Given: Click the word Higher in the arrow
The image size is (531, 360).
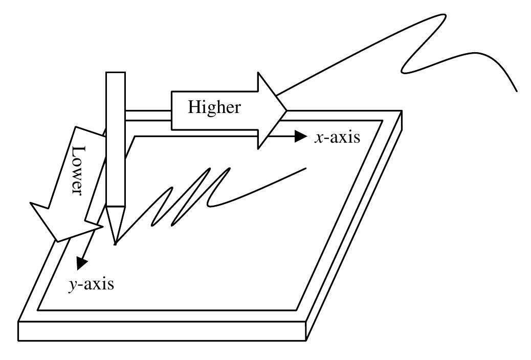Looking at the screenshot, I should tap(213, 107).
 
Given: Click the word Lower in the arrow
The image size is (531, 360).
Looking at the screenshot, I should tap(77, 171).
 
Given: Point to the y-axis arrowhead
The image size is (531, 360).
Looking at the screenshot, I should tap(80, 264).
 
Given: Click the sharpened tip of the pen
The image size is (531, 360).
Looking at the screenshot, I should tap(116, 243).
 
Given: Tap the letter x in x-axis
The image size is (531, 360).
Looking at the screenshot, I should tap(318, 138).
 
